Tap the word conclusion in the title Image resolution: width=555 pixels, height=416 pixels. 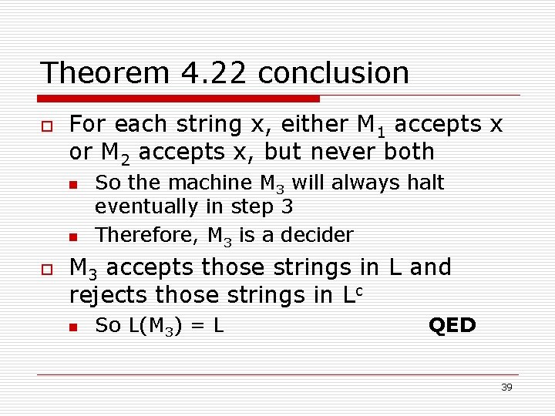pos(333,73)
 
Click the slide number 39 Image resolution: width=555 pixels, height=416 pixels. pos(506,387)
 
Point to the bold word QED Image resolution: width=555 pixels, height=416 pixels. pos(452,325)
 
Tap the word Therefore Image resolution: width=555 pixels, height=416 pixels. pos(143,234)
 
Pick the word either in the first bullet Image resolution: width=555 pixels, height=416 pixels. pos(318,124)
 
